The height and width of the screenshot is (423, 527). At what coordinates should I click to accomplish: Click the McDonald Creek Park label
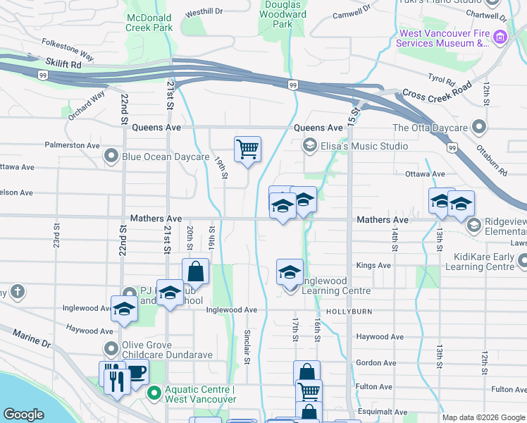point(149,22)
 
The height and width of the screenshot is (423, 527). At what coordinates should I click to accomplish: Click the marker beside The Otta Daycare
point(479,128)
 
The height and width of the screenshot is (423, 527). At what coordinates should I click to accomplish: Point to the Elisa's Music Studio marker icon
point(309,146)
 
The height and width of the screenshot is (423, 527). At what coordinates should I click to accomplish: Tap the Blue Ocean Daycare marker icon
point(111,156)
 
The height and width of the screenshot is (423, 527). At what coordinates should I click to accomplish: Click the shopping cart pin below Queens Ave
point(247,149)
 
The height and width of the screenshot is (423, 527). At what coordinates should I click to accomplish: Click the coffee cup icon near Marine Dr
point(136,374)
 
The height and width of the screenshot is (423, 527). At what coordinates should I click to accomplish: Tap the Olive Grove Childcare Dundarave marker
point(111,349)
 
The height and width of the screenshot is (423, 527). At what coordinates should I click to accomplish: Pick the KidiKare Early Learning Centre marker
point(522,262)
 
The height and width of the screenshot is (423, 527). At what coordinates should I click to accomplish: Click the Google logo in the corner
point(23,415)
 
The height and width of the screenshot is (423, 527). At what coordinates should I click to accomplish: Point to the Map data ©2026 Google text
point(483,417)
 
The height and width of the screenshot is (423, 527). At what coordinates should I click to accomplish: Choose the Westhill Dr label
point(204,12)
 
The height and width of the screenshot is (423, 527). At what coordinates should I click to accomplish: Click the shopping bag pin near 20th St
point(195,271)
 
